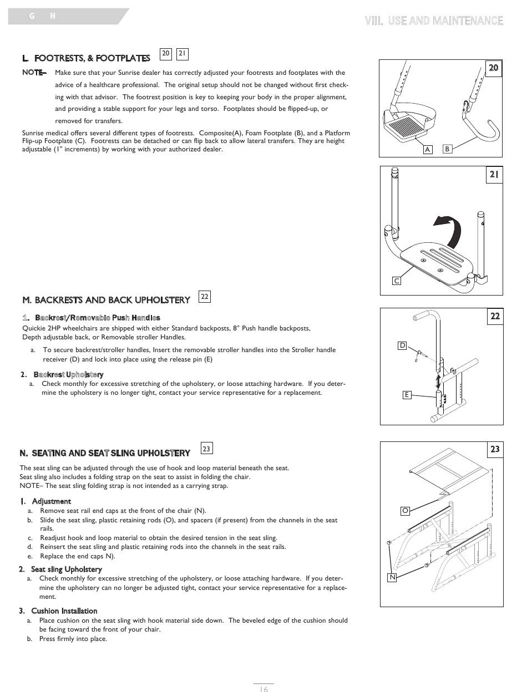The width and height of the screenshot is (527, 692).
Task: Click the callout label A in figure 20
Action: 427,149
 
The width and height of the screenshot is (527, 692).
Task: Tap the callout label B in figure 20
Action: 447,149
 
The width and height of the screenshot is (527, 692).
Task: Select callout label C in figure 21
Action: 397,281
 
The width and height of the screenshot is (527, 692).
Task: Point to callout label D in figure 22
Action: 403,345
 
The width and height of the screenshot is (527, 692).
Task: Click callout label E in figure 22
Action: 407,395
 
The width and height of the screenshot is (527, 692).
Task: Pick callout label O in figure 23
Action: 406,510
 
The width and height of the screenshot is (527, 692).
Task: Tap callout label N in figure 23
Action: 392,577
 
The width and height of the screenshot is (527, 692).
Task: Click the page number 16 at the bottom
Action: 264,689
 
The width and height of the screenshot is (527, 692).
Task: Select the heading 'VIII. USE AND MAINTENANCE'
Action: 434,21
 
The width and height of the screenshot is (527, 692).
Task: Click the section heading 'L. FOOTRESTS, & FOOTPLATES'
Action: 86,58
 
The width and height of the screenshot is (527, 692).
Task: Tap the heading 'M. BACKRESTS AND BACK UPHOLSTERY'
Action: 106,300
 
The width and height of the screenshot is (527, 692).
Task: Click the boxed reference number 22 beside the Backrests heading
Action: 205,297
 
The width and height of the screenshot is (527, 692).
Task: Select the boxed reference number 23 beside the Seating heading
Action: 206,449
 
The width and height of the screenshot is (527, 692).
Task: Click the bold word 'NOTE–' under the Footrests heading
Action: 34,73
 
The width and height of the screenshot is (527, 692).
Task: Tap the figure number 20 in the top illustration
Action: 493,68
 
